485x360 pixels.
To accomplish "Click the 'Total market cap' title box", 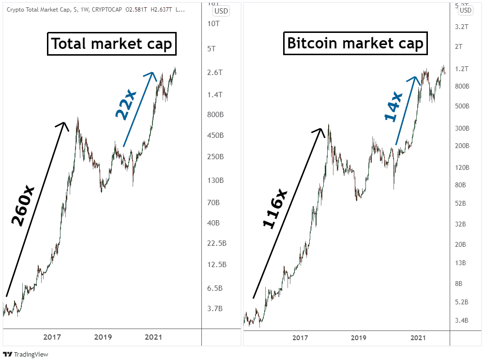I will [111, 44].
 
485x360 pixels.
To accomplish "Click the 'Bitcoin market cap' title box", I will [355, 44].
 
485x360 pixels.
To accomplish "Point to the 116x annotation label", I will [275, 209].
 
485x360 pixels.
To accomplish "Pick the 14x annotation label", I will [393, 107].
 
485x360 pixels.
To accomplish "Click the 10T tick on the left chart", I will [213, 24].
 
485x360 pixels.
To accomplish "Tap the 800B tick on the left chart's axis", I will [215, 115].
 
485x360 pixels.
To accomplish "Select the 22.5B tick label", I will [216, 243].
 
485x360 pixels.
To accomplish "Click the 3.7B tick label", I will [215, 309].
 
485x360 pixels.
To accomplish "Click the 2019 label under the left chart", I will [103, 337].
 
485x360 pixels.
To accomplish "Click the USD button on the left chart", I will [221, 11].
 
